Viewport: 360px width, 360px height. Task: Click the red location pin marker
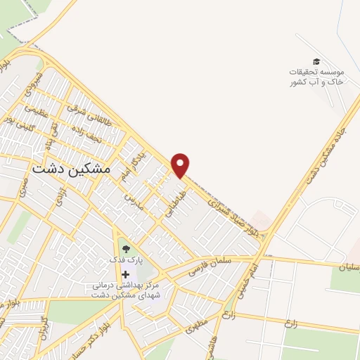pos(181,165)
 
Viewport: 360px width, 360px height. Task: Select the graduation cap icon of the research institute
pos(316,62)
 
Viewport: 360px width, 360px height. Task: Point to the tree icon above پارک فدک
pos(125,247)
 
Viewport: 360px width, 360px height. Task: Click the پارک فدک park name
pos(125,259)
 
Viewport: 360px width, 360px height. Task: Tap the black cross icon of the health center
pos(125,274)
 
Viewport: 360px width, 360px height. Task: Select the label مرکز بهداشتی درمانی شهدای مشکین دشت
pos(127,290)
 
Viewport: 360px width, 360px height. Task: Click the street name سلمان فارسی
pos(210,264)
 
